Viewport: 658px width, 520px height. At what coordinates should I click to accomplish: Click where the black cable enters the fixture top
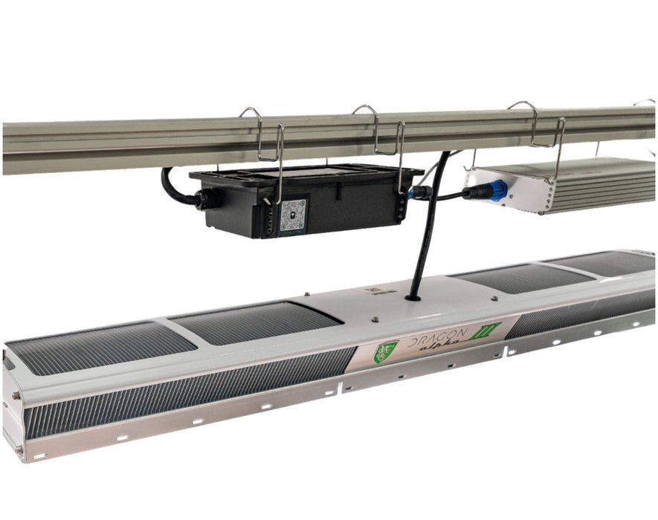click(x=412, y=297)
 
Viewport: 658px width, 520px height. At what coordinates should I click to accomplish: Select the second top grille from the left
click(x=257, y=322)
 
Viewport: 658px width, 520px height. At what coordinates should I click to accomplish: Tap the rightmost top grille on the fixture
click(x=602, y=262)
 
